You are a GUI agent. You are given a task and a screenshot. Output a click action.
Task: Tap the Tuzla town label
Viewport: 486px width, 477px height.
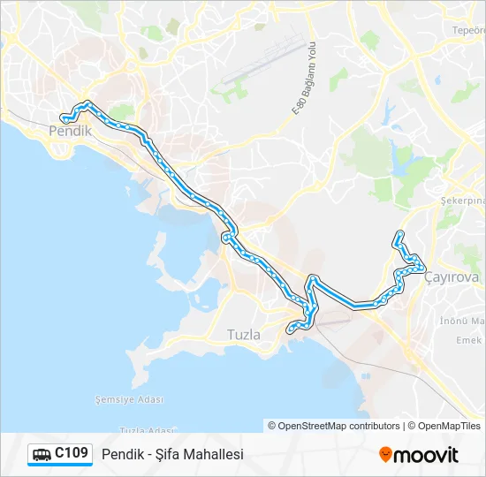pyautogui.click(x=244, y=335)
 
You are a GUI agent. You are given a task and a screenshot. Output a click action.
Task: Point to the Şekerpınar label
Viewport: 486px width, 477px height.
pyautogui.click(x=465, y=201)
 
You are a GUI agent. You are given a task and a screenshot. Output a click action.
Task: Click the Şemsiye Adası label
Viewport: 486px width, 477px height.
pyautogui.click(x=129, y=399)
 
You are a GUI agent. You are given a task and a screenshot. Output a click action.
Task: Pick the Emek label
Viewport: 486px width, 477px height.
pyautogui.click(x=469, y=340)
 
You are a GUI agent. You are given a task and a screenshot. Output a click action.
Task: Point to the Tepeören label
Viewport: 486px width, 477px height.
pyautogui.click(x=469, y=30)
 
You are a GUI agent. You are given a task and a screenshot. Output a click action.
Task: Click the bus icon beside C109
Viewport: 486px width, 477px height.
pyautogui.click(x=42, y=455)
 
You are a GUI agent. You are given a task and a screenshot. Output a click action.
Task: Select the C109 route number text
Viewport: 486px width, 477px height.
pyautogui.click(x=72, y=454)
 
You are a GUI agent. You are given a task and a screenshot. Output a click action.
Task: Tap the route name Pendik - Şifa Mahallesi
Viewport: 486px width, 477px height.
pyautogui.click(x=172, y=455)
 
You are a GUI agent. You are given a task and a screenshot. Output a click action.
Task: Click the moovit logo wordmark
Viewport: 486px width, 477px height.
pyautogui.click(x=427, y=455)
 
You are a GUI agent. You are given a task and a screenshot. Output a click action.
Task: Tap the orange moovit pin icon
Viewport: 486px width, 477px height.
pyautogui.click(x=385, y=455)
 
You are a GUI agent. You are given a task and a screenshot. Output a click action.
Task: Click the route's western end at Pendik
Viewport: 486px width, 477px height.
pyautogui.click(x=64, y=117)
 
